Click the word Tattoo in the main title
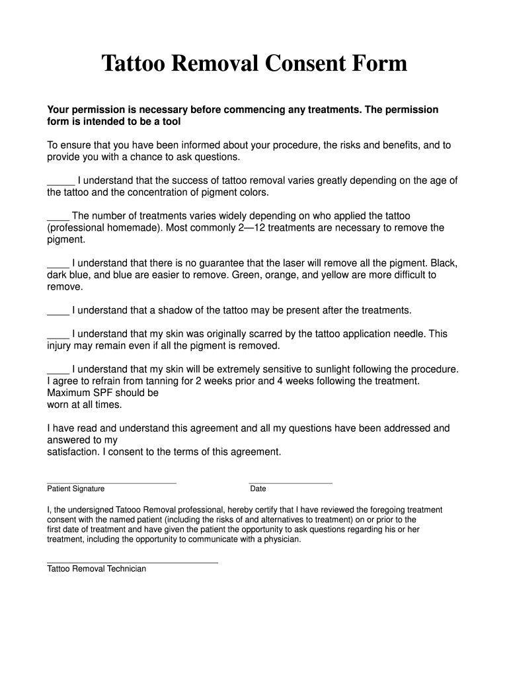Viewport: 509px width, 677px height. click(132, 63)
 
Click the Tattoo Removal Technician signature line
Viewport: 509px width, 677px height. click(132, 563)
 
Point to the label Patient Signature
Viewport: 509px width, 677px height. click(75, 489)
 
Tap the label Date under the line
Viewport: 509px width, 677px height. click(258, 489)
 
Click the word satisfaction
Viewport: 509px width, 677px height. click(71, 452)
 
